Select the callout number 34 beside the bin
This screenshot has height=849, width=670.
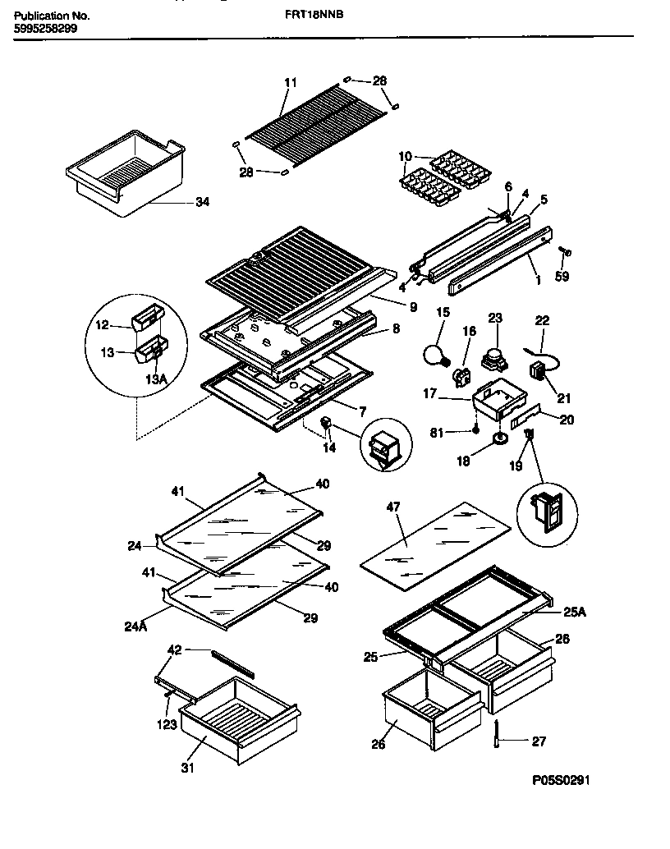click(202, 202)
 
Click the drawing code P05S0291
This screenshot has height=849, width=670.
click(555, 781)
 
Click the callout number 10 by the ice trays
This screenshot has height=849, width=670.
click(405, 155)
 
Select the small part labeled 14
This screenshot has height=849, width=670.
click(327, 424)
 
